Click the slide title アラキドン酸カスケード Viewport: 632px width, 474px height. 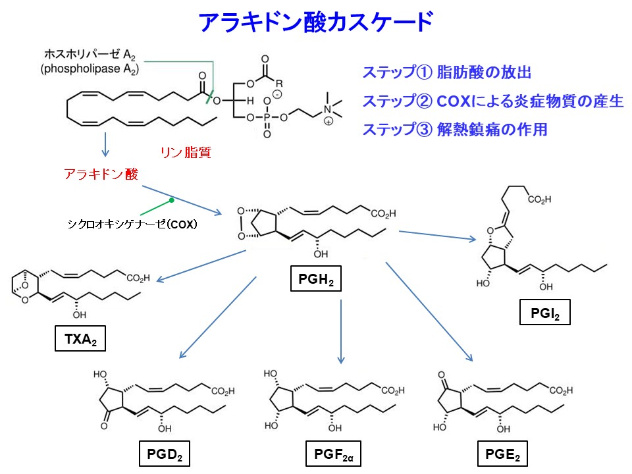click(315, 22)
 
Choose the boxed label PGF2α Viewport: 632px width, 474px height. click(334, 454)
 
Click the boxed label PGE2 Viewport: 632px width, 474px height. click(502, 454)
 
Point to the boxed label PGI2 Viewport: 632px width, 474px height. click(544, 313)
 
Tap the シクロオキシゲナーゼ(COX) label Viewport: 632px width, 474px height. click(132, 224)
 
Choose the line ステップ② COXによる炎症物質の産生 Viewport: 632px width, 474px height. click(492, 101)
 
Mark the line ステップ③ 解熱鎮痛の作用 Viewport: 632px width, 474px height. click(454, 129)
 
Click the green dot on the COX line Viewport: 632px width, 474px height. click(171, 199)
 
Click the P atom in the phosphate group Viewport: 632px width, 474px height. click(267, 117)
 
